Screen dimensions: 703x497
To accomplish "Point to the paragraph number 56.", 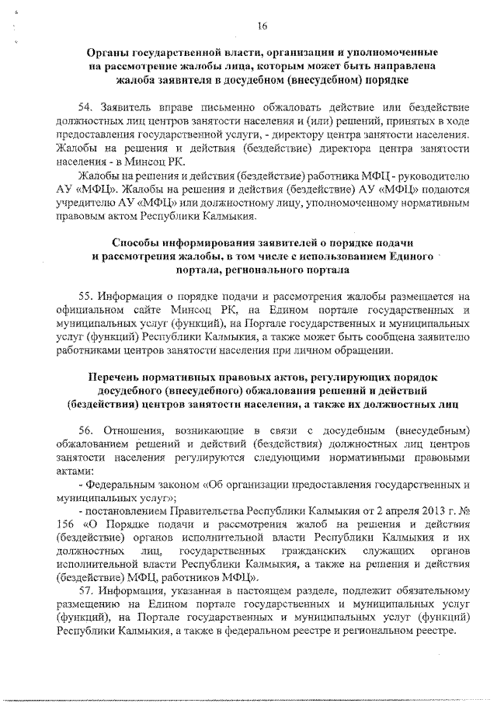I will pos(87,430).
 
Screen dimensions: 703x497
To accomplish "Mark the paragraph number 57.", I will pos(87,591).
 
